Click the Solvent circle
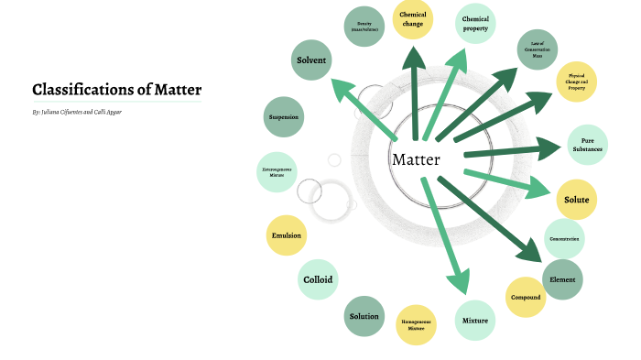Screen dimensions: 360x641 pyautogui.click(x=311, y=60)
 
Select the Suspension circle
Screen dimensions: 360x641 pyautogui.click(x=284, y=117)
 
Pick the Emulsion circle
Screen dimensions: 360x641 pyautogui.click(x=287, y=235)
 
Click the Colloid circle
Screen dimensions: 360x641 pyautogui.click(x=318, y=279)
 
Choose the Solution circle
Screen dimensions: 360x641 pyautogui.click(x=364, y=317)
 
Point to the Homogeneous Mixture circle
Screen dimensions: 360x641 pyautogui.click(x=417, y=323)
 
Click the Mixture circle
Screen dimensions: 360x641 pyautogui.click(x=475, y=321)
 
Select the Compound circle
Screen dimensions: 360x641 pyautogui.click(x=526, y=297)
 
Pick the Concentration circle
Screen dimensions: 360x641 pyautogui.click(x=564, y=239)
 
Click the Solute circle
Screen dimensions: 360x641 pyautogui.click(x=576, y=200)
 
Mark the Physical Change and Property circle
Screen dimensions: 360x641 pyautogui.click(x=576, y=82)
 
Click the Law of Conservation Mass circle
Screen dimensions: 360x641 pyautogui.click(x=537, y=49)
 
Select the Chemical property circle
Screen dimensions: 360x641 pyautogui.click(x=475, y=24)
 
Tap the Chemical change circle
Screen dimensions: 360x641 pyautogui.click(x=413, y=19)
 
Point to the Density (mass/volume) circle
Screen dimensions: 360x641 pyautogui.click(x=364, y=26)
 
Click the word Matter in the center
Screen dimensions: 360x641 pyautogui.click(x=417, y=159)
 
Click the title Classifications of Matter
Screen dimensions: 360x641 pyautogui.click(x=116, y=90)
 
